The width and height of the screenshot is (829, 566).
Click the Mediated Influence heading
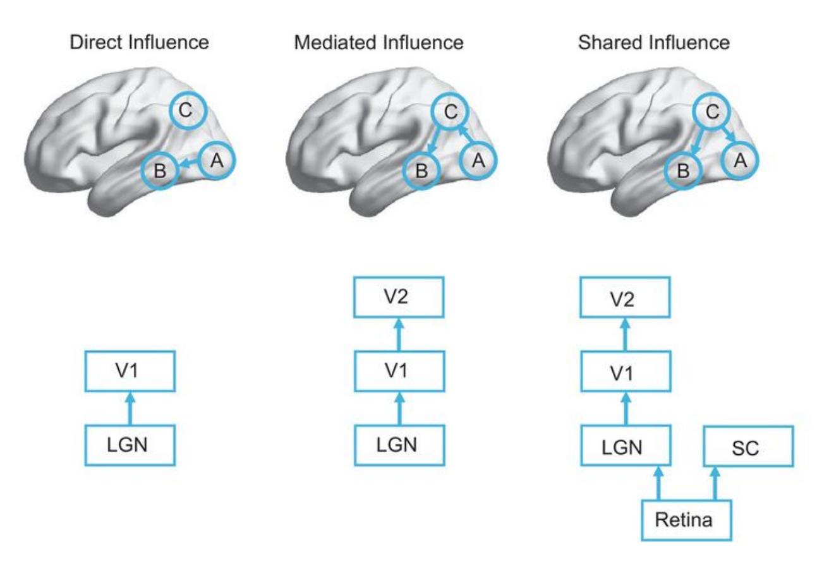pyautogui.click(x=378, y=43)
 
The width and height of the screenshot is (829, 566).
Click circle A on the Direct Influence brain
pyautogui.click(x=217, y=161)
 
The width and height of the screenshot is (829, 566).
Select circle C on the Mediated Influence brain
pyautogui.click(x=450, y=112)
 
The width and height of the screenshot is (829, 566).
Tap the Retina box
pyautogui.click(x=686, y=521)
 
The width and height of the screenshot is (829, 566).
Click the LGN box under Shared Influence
pyautogui.click(x=626, y=448)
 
